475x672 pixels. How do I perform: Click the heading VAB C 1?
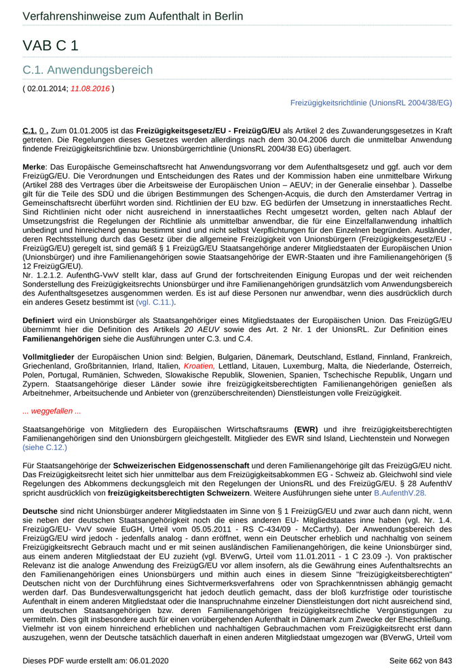(51, 45)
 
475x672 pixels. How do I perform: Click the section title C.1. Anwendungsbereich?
(88, 70)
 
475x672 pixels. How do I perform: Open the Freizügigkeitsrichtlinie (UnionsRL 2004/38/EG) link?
(370, 102)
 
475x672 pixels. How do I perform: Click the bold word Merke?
(35, 166)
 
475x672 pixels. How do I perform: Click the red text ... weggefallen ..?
(52, 411)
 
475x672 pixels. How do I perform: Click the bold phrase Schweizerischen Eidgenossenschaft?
(181, 466)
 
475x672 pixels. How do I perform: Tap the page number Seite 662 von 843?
(420, 660)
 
